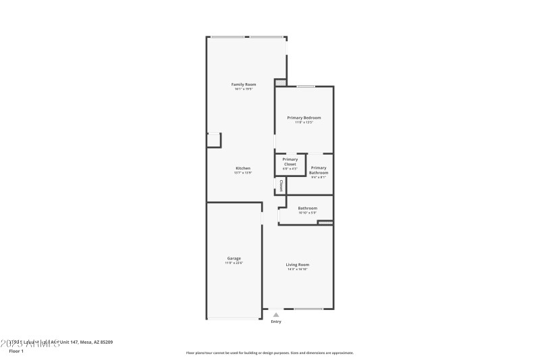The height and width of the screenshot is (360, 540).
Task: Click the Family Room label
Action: coord(244,84)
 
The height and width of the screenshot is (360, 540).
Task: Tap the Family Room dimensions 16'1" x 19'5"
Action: coord(244,89)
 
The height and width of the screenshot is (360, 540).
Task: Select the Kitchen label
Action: coord(243,168)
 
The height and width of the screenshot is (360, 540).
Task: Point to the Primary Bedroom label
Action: coord(303,118)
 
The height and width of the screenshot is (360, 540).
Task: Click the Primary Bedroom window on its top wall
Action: coord(306,86)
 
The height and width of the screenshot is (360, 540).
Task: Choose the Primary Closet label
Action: coord(290,161)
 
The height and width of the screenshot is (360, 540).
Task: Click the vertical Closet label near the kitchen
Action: coord(281,186)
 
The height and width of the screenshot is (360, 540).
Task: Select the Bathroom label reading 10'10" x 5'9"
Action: coord(308,208)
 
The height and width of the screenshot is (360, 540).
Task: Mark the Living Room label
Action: coord(297,264)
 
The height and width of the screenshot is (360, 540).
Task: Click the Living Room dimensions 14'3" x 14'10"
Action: coord(297,269)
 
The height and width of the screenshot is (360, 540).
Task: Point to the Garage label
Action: coord(234,258)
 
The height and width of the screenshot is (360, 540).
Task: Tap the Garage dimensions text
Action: coord(234,263)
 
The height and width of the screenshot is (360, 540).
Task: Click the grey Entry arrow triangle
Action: coord(275,314)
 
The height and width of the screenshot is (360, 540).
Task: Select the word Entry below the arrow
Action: coord(275,322)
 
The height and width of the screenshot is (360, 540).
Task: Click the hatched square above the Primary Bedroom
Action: coord(280,82)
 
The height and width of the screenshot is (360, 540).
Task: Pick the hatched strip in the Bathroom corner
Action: coord(325,222)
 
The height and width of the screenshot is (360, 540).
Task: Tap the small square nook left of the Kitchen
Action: coord(213,140)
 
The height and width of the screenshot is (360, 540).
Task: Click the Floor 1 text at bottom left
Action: coord(16,351)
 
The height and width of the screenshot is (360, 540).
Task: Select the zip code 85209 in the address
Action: coord(105,342)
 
